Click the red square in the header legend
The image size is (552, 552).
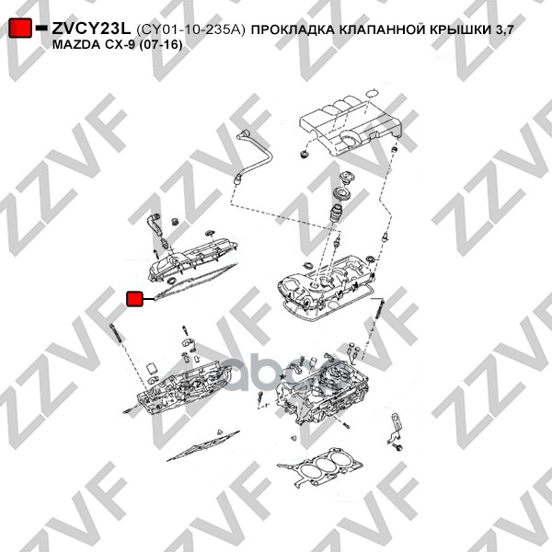19,28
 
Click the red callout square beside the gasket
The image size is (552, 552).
134,299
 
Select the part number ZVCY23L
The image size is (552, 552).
91,29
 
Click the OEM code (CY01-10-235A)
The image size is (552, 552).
190,29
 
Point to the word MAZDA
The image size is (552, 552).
75,45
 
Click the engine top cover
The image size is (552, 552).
351,127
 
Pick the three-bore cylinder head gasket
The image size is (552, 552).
320,466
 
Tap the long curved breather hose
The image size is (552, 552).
253,155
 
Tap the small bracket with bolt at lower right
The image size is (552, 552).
396,432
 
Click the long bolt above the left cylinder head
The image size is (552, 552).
117,333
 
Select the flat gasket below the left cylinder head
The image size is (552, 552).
201,445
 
